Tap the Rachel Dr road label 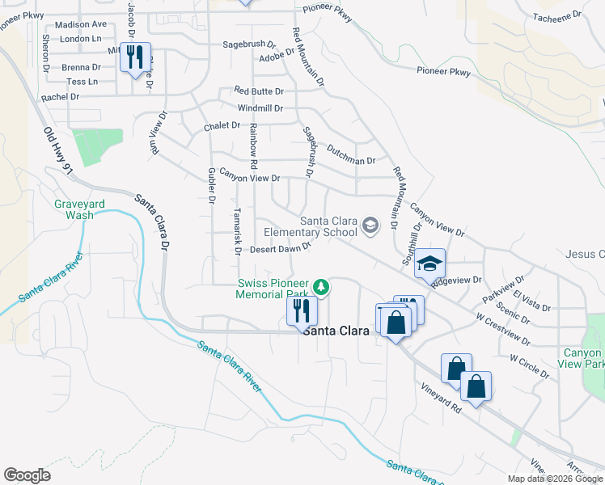pos(61,96)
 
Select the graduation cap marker pos(430,264)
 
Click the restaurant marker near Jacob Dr pos(135,57)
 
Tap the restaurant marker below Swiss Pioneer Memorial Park pos(302,310)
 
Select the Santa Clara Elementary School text pos(328,226)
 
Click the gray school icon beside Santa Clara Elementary pos(370,226)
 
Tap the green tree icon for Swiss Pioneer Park pos(321,286)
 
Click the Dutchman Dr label pos(351,155)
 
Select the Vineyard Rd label pos(441,399)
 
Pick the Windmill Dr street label pos(260,108)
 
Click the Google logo pos(27,475)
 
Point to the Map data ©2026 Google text pos(554,479)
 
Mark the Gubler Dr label pos(210,185)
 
